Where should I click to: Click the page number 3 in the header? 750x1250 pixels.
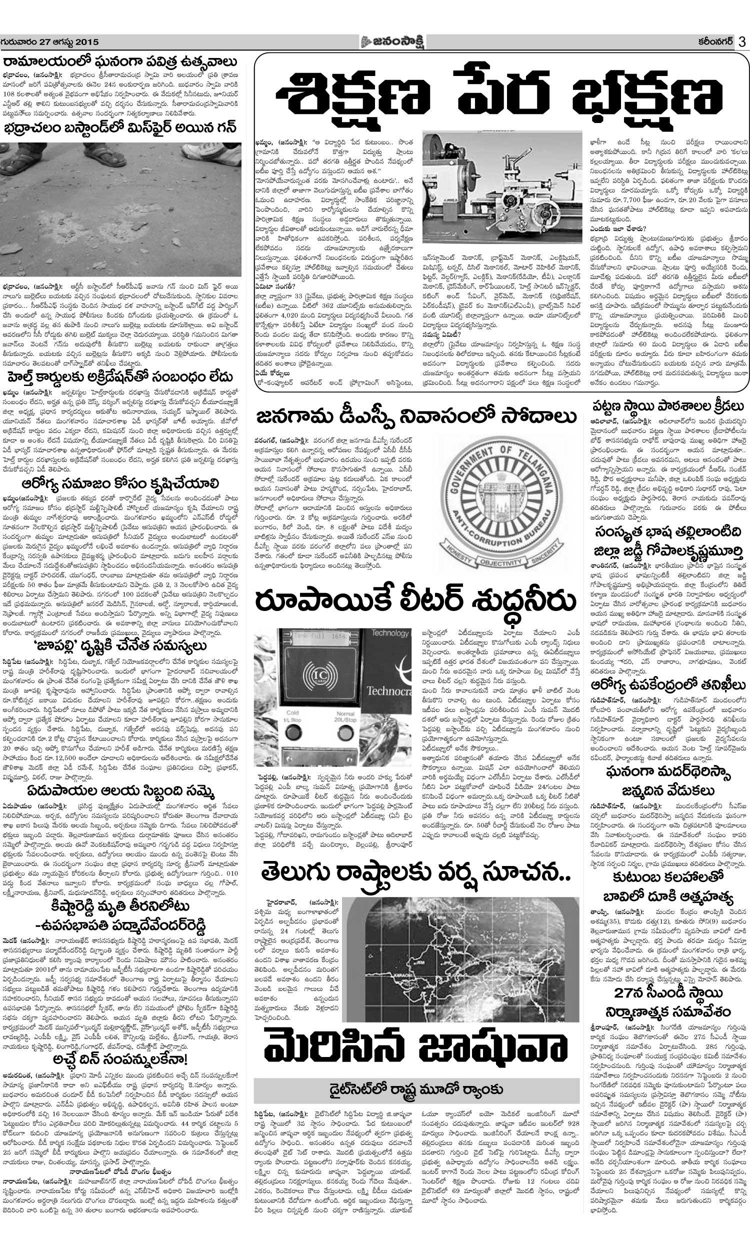click(x=741, y=42)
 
